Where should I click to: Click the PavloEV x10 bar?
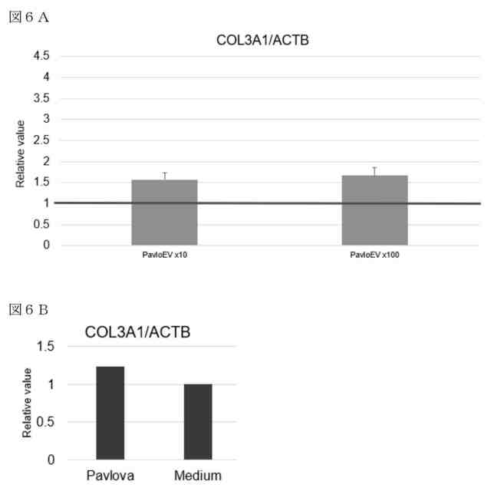[164, 213]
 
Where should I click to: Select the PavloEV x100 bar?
[374, 210]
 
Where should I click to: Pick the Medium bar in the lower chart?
[198, 421]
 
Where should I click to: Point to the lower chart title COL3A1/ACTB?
[138, 332]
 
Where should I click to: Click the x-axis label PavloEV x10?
[164, 255]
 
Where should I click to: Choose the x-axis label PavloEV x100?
[374, 255]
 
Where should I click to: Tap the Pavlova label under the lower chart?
[110, 474]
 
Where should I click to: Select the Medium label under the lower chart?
[198, 474]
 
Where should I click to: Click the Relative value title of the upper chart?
[21, 153]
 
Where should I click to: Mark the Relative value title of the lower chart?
[28, 403]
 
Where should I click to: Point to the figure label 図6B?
[28, 311]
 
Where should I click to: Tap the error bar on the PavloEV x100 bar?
[374, 171]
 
